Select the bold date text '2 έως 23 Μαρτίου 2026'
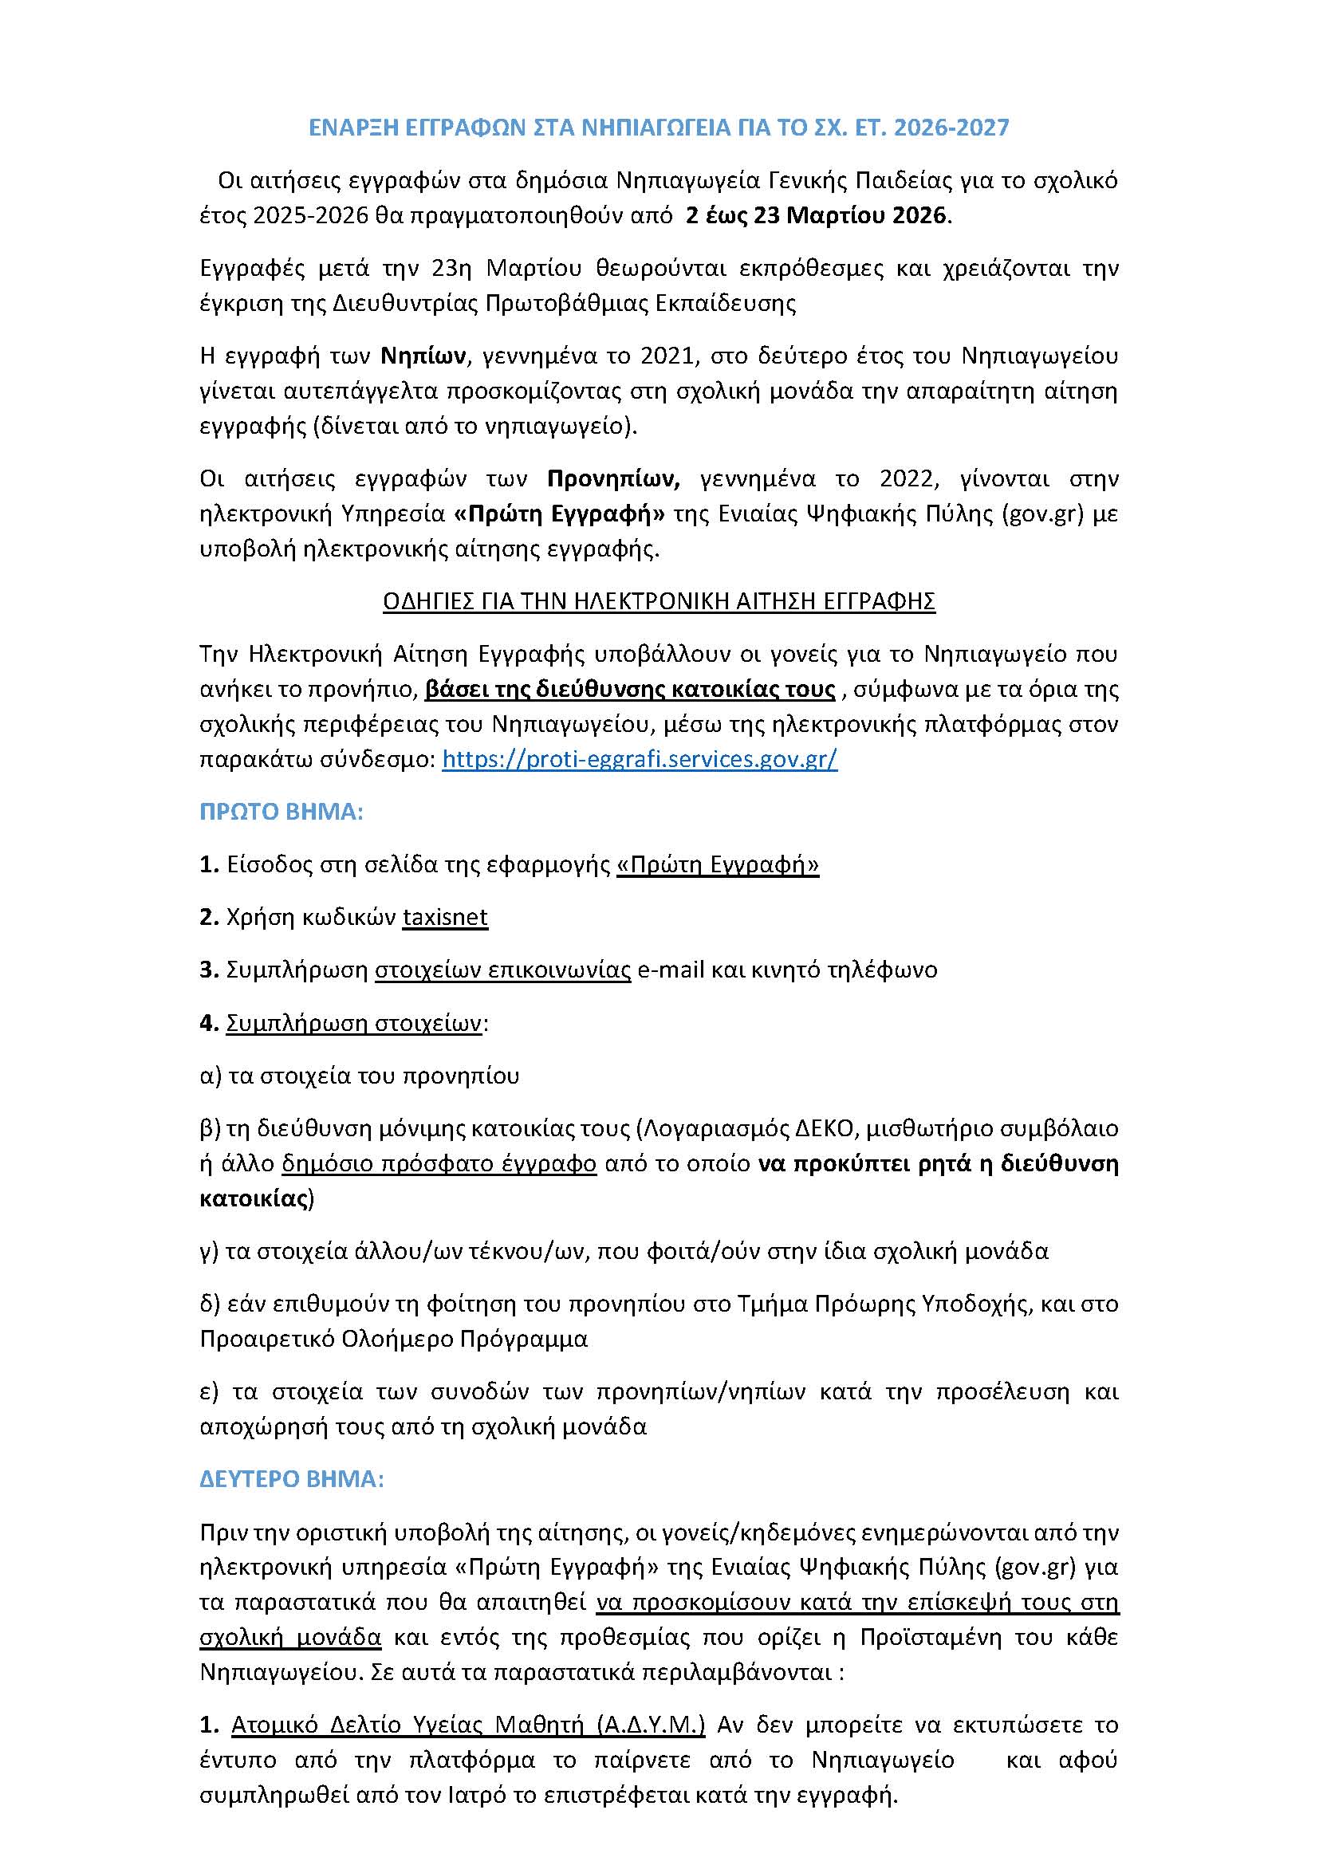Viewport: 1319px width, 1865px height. [817, 215]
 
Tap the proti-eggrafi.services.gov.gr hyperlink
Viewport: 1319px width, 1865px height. [640, 758]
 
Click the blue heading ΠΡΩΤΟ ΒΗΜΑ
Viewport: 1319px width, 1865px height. [281, 812]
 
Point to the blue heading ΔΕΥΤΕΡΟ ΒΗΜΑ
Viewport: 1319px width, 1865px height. [292, 1478]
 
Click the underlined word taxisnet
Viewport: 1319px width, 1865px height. [445, 917]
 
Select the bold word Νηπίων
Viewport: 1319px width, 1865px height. [423, 356]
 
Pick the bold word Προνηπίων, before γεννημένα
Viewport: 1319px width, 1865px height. [613, 478]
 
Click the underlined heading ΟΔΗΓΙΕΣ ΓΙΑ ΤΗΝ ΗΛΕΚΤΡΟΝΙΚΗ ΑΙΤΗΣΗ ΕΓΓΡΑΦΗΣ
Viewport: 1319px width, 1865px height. [659, 601]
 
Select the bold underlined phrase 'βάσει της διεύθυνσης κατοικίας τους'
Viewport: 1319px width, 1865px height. [630, 689]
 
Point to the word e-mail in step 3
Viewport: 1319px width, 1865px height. [671, 970]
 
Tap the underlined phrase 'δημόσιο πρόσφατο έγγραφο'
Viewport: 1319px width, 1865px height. [439, 1163]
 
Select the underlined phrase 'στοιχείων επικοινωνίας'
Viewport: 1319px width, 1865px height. [502, 970]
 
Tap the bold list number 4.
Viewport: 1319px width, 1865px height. [208, 1023]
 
